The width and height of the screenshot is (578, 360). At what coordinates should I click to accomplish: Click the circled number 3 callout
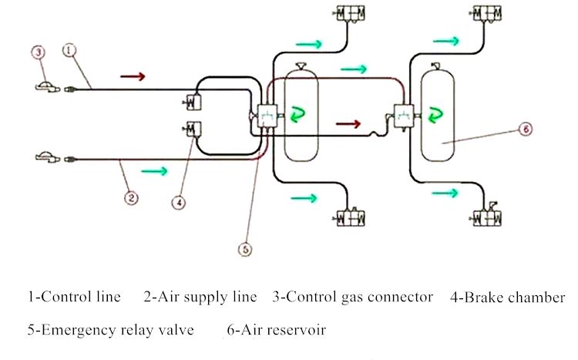(39, 53)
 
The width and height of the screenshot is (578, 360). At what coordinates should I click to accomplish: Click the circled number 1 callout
(69, 51)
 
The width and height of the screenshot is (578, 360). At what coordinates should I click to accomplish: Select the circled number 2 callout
(132, 198)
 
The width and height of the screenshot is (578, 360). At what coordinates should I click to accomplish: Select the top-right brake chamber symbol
(487, 14)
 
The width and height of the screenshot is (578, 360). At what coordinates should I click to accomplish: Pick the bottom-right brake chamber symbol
(487, 217)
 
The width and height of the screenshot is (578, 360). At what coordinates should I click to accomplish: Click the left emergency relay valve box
(268, 116)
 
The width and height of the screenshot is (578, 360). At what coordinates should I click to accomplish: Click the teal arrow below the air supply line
(154, 171)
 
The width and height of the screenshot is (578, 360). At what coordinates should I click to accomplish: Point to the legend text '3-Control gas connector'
(353, 296)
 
